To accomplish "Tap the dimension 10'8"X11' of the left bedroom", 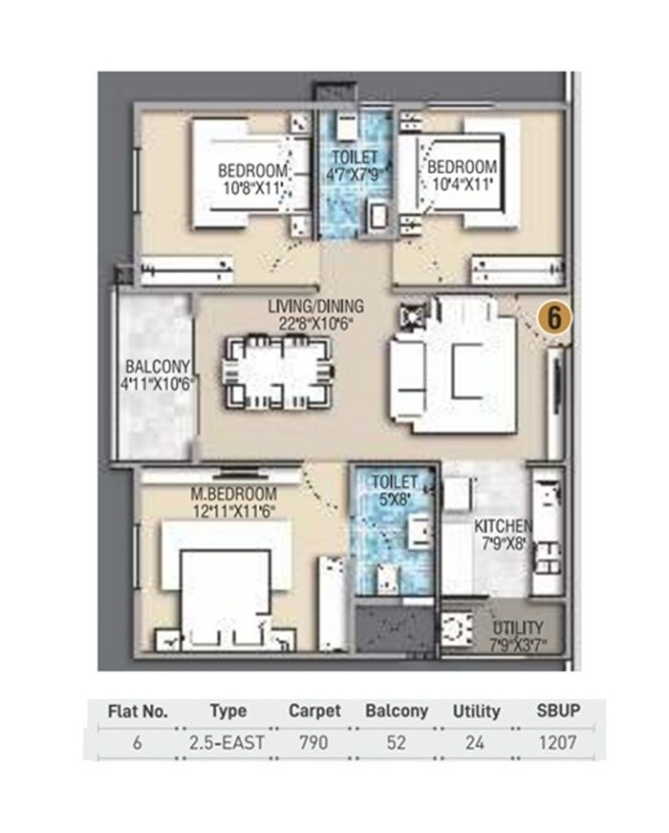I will pos(252,187).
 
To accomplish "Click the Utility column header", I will pos(476,712).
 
